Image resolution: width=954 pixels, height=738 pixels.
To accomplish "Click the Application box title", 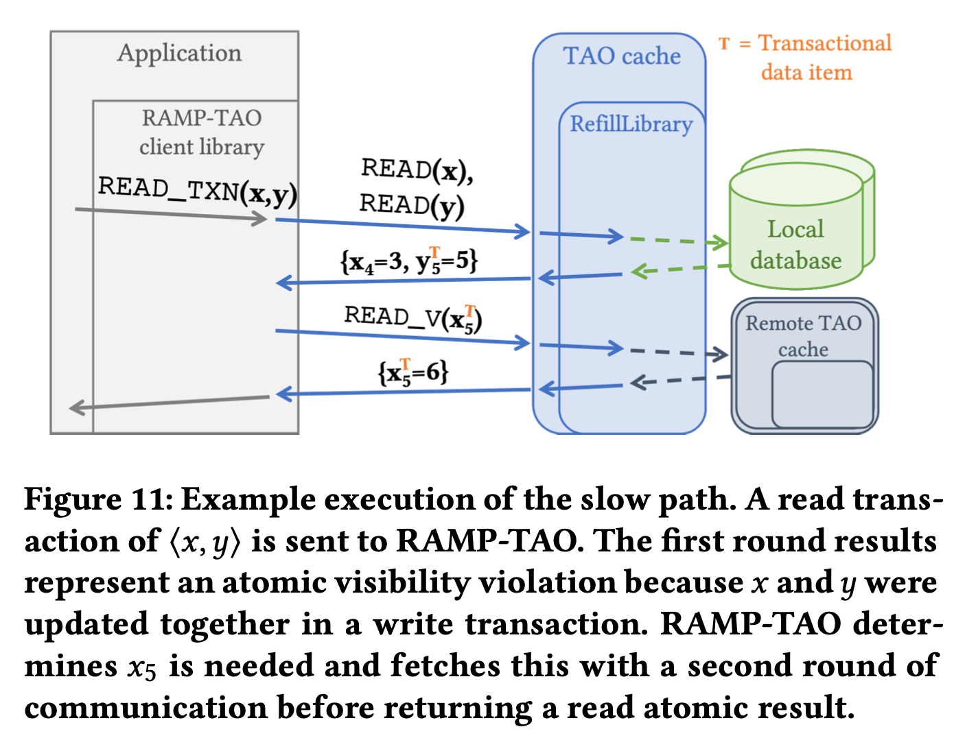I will tap(179, 53).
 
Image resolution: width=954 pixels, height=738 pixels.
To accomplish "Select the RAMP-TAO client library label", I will tap(201, 132).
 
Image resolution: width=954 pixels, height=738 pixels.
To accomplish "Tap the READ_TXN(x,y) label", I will tap(198, 190).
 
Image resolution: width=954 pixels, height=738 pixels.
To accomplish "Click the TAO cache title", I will tap(621, 56).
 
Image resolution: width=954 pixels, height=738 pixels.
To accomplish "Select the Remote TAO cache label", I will tap(803, 335).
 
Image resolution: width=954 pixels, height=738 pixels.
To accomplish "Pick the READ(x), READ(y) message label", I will tap(416, 187).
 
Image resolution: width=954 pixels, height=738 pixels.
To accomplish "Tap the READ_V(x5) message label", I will tap(413, 318).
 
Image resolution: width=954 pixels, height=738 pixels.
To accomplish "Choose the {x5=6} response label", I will tap(413, 372).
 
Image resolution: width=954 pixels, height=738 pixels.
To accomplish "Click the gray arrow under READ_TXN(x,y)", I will tap(172, 215).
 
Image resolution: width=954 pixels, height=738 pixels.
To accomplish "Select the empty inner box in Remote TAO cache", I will tap(822, 394).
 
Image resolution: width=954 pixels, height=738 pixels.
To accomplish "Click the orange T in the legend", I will tap(724, 44).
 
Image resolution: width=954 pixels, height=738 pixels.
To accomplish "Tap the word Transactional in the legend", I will tap(824, 43).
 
